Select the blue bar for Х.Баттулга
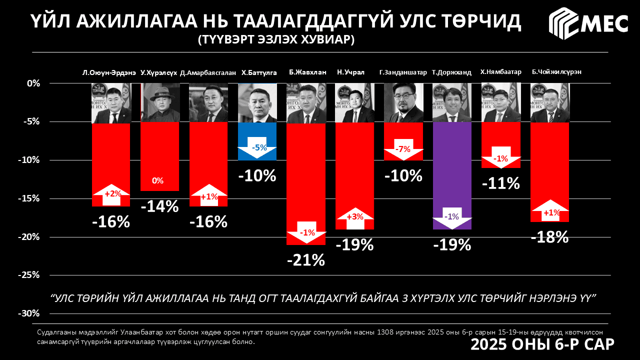click(x=257, y=135)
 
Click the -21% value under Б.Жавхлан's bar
click(x=306, y=260)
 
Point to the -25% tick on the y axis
click(x=30, y=275)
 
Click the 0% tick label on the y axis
click(x=33, y=83)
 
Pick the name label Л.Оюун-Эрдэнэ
click(x=109, y=72)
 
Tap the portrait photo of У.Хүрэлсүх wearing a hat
click(x=160, y=102)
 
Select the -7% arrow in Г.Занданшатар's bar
click(x=403, y=149)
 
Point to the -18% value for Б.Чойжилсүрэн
click(x=549, y=237)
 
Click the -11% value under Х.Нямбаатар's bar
click(x=500, y=183)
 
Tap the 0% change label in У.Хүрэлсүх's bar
click(x=158, y=181)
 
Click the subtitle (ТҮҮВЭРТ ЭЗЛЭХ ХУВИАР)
click(x=275, y=39)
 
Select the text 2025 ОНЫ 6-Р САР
click(x=542, y=345)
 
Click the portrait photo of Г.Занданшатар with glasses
click(x=403, y=102)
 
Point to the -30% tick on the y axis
click(x=30, y=313)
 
